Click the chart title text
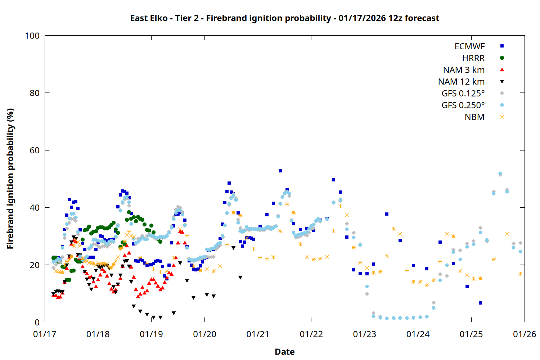pyautogui.click(x=284, y=18)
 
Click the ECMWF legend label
pyautogui.click(x=469, y=46)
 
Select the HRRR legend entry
pyautogui.click(x=473, y=58)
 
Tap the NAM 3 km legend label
pyautogui.click(x=464, y=70)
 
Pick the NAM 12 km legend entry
pyautogui.click(x=461, y=82)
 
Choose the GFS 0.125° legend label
pyautogui.click(x=463, y=94)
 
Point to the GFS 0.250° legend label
pyautogui.click(x=463, y=105)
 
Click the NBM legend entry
pyautogui.click(x=474, y=117)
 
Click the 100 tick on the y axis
pyautogui.click(x=32, y=36)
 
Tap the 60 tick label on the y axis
pyautogui.click(x=35, y=150)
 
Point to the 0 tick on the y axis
pyautogui.click(x=37, y=323)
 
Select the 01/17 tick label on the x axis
pyautogui.click(x=45, y=334)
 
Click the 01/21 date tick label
pyautogui.click(x=258, y=334)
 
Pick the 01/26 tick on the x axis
pyautogui.click(x=525, y=334)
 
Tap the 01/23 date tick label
pyautogui.click(x=365, y=334)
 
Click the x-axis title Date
pyautogui.click(x=284, y=352)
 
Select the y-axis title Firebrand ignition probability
pyautogui.click(x=10, y=179)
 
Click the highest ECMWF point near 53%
pyautogui.click(x=280, y=171)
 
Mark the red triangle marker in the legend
pyautogui.click(x=502, y=70)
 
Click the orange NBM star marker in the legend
pyautogui.click(x=502, y=117)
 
